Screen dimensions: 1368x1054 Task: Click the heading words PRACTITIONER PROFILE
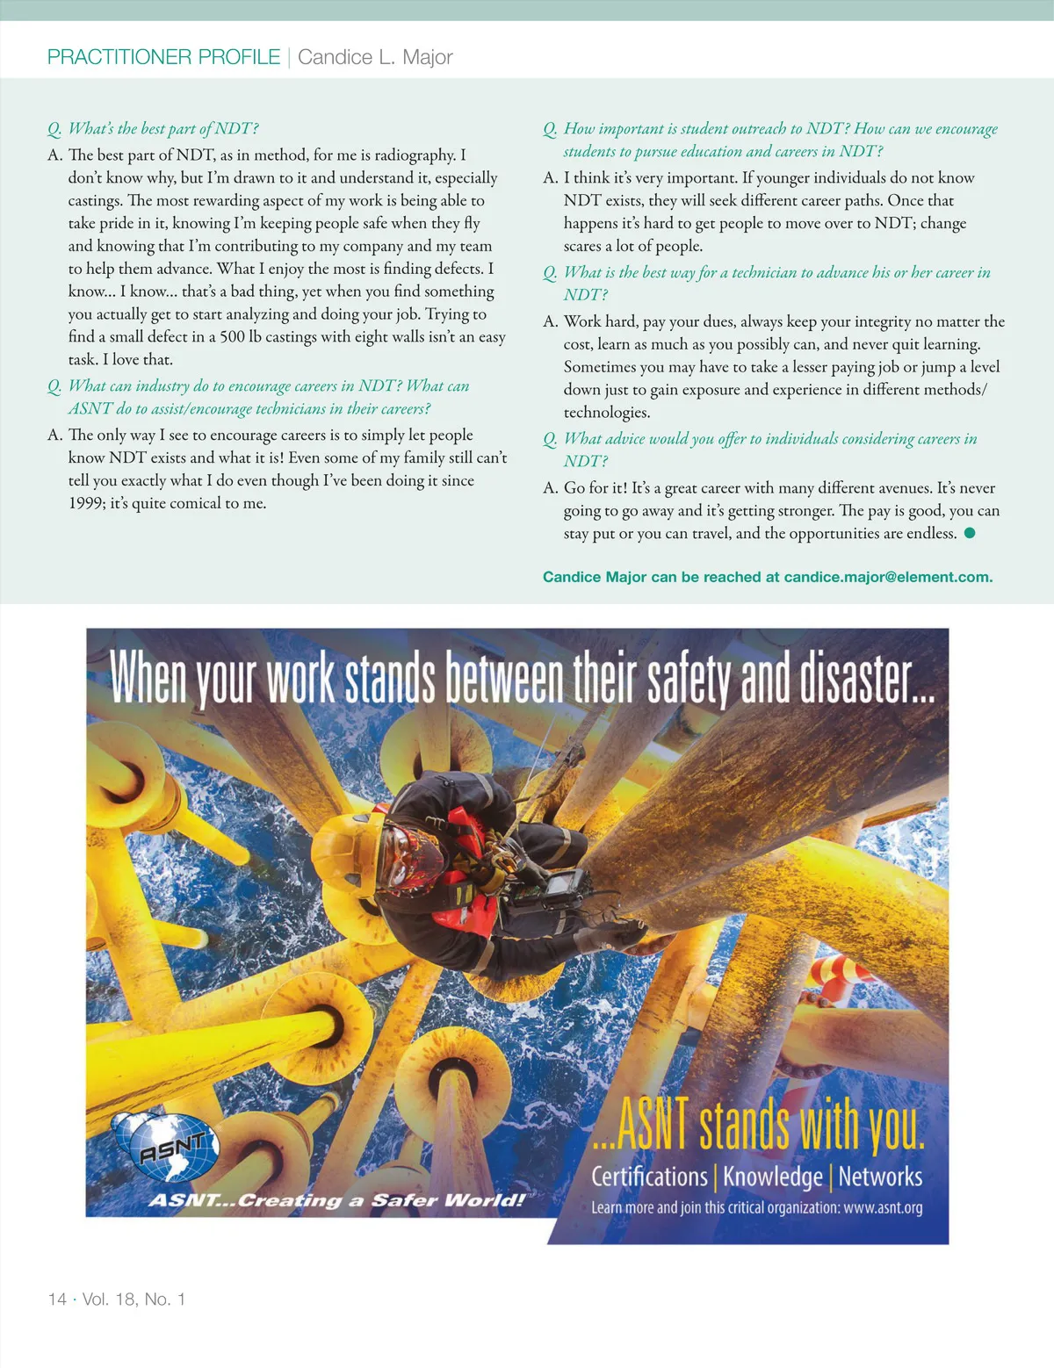[x=163, y=57]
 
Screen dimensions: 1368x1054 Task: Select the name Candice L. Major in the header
[x=375, y=57]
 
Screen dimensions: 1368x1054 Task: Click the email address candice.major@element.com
[x=887, y=577]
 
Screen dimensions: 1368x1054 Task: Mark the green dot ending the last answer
[x=970, y=533]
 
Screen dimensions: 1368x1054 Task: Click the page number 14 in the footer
[x=57, y=1299]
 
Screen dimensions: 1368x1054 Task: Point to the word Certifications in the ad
[x=649, y=1176]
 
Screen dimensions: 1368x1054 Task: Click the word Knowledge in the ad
[x=773, y=1176]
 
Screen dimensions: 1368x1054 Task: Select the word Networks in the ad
[x=880, y=1176]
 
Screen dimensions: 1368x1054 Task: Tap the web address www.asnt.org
[x=883, y=1207]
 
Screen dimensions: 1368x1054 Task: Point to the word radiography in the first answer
[x=416, y=155]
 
